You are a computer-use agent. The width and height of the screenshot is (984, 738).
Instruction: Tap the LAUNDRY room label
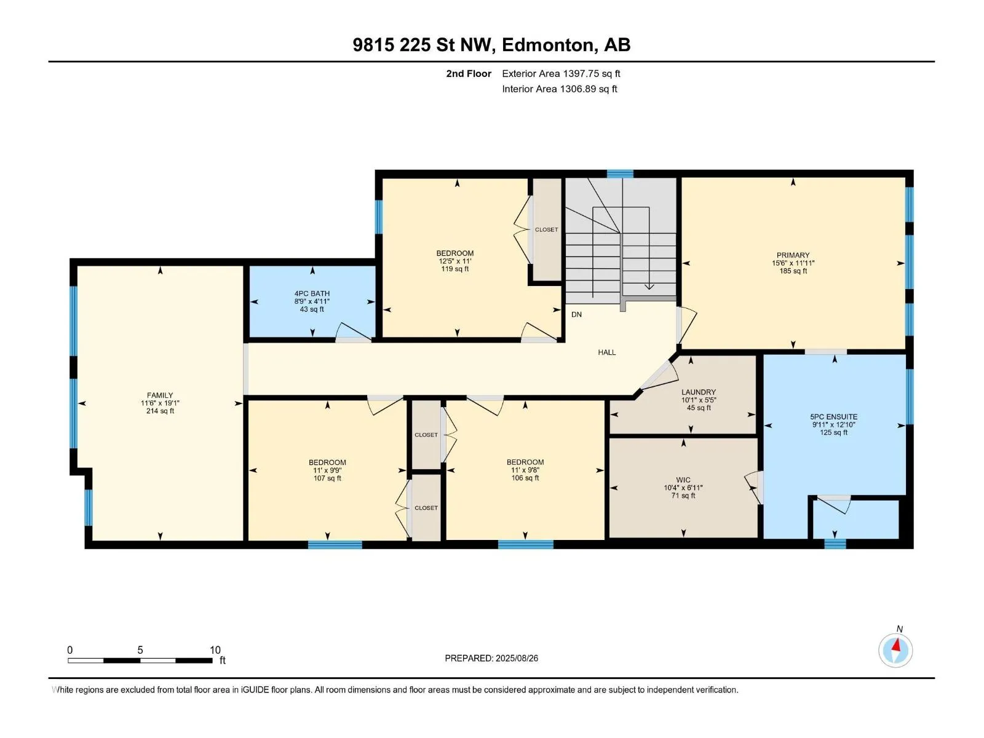[699, 392]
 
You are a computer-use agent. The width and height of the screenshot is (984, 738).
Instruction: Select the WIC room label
[683, 480]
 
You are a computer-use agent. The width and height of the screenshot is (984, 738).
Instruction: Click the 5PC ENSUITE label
[834, 417]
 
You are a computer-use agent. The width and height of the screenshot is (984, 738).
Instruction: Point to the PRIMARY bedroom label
[793, 255]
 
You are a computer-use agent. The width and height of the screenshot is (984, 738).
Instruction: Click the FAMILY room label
[160, 395]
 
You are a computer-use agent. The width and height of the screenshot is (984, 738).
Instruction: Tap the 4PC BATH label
[312, 293]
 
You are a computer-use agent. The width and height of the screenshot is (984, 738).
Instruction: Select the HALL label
[607, 352]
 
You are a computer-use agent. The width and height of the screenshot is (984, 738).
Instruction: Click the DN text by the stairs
[576, 314]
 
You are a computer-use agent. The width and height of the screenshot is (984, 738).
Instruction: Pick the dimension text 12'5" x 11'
[455, 261]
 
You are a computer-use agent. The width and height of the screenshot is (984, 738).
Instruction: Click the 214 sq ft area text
[160, 411]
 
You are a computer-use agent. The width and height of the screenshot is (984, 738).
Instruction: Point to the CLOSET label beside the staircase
[547, 229]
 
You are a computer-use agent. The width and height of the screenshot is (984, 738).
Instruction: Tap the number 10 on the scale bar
[215, 649]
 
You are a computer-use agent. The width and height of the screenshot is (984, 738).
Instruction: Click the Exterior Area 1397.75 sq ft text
[561, 73]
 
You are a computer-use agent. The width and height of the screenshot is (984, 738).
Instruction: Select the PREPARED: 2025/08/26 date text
[491, 658]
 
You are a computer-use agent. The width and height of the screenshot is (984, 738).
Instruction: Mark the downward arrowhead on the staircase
[649, 286]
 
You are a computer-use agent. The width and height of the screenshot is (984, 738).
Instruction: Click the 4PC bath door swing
[354, 332]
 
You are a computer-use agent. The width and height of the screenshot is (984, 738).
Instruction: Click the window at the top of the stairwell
[620, 174]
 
